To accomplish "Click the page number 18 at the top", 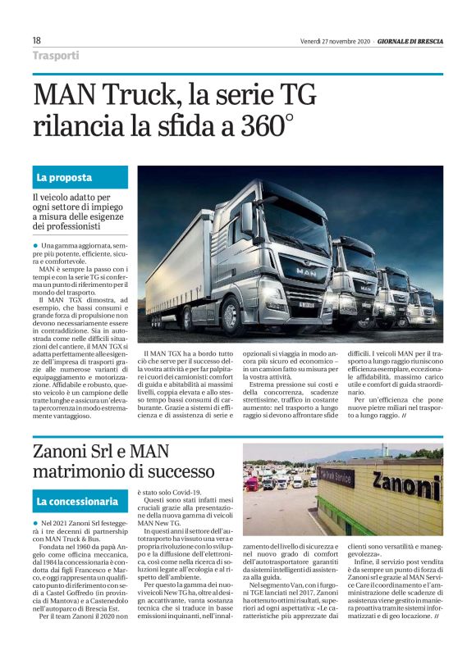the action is click(36, 40).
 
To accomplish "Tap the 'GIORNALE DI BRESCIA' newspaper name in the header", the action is click(406, 40).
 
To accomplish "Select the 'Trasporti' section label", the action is click(56, 56).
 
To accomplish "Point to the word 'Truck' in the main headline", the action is click(135, 95).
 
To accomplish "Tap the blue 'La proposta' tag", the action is click(64, 177).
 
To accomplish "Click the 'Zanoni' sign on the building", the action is click(406, 483).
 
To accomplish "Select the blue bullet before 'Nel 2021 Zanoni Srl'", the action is click(35, 523).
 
